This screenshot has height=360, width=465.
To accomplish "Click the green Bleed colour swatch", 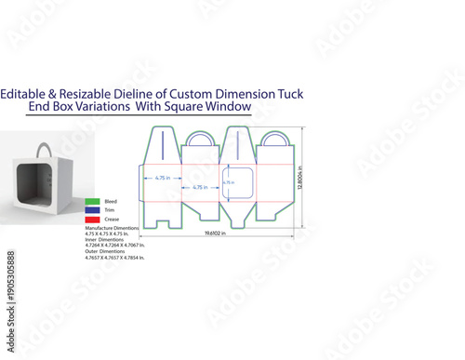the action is pos(91,201).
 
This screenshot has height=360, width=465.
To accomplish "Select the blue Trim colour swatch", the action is pos(91,210).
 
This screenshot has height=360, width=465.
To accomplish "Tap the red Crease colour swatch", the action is pos(91,220).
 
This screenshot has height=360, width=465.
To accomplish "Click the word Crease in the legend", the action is pos(111,220).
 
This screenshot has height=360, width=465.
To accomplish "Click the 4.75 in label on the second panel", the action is pos(194,188).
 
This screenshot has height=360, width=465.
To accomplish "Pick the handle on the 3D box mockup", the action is pos(40,150).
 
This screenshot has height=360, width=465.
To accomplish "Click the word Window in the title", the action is pos(231,107).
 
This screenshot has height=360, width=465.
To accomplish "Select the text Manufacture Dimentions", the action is pos(112,228).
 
